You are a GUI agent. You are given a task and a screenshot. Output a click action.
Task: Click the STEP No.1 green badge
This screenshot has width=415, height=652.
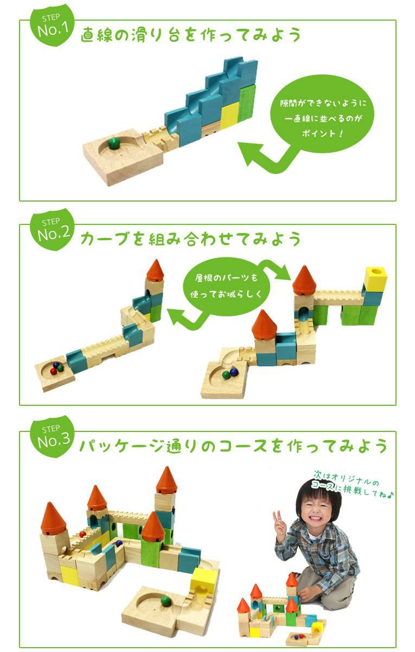(52, 27)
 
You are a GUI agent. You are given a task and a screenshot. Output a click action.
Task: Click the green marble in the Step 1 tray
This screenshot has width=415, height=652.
(113, 143)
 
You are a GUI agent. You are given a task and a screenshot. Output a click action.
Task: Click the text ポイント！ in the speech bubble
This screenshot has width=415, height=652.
(323, 133)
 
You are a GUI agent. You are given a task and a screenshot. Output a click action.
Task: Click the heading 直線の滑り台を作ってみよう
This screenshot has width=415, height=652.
(190, 35)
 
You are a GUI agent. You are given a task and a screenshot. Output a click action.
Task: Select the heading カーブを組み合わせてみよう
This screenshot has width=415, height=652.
(190, 239)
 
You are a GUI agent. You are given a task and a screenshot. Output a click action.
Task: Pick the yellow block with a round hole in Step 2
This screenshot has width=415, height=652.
(375, 278)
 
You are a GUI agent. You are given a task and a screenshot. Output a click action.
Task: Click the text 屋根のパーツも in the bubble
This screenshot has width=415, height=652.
(226, 278)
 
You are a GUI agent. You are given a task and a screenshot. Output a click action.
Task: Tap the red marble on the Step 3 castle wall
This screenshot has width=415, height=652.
(83, 535)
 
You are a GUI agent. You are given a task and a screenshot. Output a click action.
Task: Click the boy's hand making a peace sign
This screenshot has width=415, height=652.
(280, 523)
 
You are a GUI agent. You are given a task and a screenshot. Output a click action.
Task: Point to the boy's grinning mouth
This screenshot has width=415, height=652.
(318, 519)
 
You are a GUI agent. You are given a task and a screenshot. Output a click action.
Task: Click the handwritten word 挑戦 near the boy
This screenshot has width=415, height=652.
(353, 496)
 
